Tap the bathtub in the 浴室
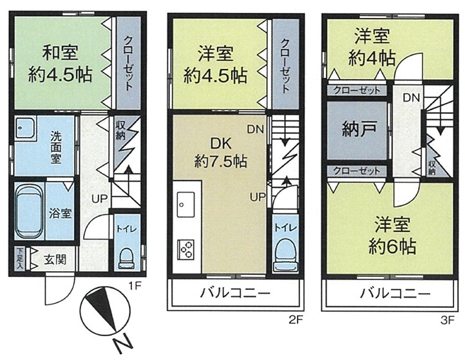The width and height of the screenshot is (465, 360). point(29,211)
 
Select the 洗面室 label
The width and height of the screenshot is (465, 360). point(56,147)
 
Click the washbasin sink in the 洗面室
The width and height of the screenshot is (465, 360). point(26,128)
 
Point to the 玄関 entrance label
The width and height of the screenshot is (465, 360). point(55,260)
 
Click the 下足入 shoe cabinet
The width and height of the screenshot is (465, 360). point(20,259)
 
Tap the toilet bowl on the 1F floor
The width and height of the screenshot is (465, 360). point(127,258)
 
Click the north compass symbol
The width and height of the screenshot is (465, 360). point(105,314)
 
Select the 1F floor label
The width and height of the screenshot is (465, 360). point(135,286)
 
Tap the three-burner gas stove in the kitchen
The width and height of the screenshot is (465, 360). point(185,250)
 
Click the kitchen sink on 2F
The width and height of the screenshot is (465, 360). point(185,204)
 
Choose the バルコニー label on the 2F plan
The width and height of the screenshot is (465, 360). point(236,293)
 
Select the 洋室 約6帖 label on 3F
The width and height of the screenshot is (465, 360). point(392,236)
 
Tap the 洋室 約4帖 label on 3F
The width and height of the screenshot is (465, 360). point(372,48)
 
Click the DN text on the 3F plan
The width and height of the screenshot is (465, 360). point(412,97)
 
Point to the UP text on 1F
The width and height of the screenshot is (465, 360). point(99,199)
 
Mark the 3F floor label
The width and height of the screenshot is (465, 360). point(448,320)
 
